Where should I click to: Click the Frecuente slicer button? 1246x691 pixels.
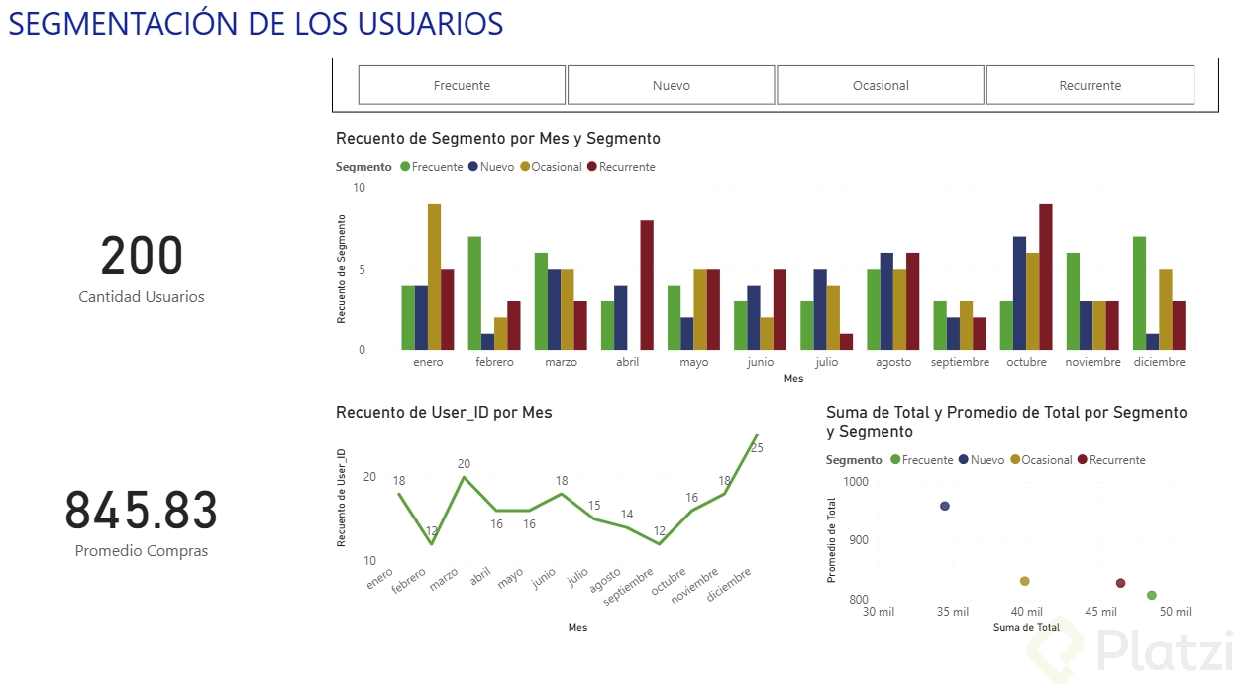click(462, 85)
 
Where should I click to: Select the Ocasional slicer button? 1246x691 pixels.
click(881, 85)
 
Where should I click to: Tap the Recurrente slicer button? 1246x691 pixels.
click(1090, 85)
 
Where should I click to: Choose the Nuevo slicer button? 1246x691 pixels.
click(671, 85)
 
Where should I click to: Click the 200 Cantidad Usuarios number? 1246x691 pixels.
click(142, 256)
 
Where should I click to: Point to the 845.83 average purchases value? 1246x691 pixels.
click(142, 511)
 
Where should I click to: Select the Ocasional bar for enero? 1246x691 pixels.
click(434, 277)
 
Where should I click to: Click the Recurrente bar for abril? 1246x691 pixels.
click(647, 285)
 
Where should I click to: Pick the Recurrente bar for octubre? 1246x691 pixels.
click(1046, 277)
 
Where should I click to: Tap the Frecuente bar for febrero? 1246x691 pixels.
click(474, 292)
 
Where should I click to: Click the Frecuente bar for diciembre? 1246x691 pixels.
click(1139, 292)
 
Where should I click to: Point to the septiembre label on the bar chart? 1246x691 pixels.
click(960, 363)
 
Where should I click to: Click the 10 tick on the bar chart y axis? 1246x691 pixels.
click(359, 188)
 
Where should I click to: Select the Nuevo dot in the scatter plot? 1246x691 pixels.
click(945, 506)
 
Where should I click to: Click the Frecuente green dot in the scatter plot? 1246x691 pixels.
click(1152, 596)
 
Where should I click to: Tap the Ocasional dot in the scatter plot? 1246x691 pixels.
click(1025, 581)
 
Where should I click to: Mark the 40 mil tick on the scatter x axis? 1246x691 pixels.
click(1027, 612)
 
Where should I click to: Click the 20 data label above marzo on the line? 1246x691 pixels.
click(464, 463)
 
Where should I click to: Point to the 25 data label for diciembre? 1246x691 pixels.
click(757, 448)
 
